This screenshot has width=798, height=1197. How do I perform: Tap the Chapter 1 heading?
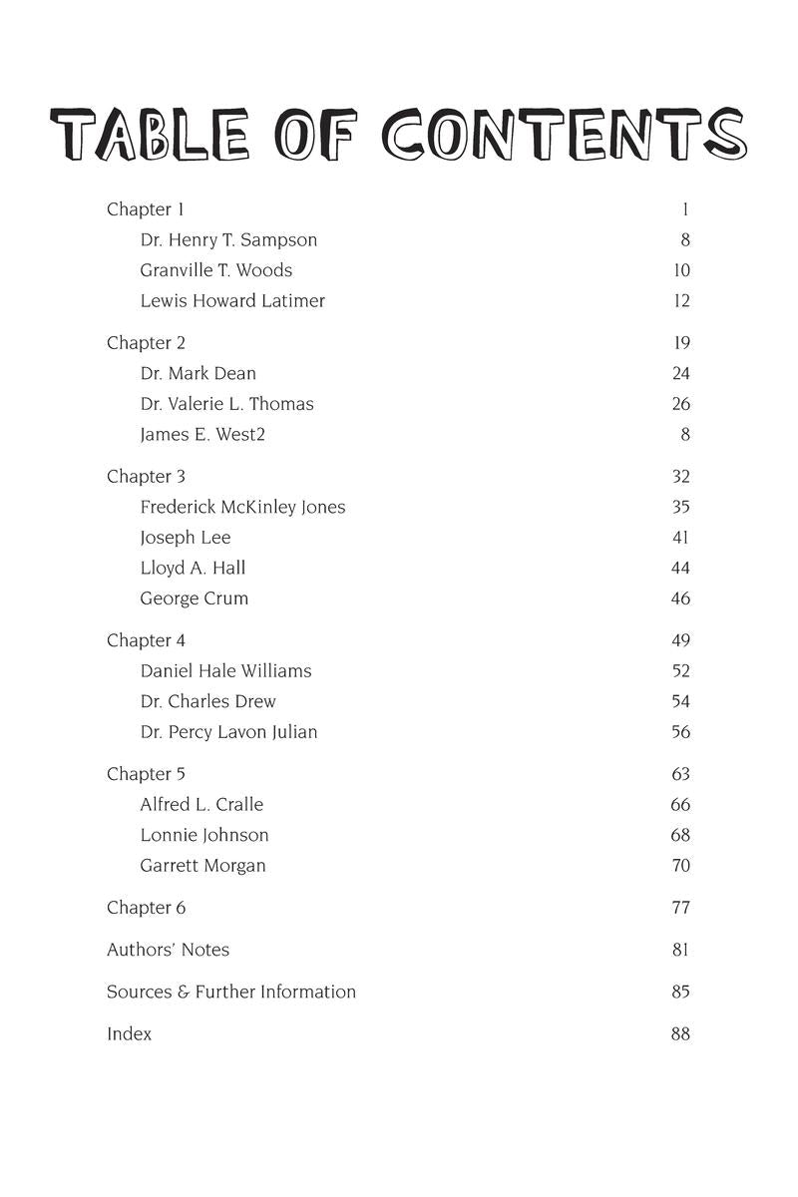[146, 209]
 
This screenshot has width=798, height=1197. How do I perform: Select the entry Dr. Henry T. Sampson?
[228, 240]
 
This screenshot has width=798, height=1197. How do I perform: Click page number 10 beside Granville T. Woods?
[681, 270]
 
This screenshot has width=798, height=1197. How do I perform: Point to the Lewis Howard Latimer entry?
[232, 301]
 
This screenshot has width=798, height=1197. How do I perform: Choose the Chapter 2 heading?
[146, 343]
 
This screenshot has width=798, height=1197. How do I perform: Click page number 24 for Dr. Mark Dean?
[681, 374]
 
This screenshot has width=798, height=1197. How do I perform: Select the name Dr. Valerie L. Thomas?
[226, 404]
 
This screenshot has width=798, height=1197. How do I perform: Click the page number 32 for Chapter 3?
[681, 477]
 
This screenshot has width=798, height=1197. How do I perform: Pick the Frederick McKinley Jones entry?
[242, 507]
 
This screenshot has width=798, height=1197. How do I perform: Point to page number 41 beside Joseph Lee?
[681, 538]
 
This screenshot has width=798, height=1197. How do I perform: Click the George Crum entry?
[194, 598]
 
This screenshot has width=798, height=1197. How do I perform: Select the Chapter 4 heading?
[146, 640]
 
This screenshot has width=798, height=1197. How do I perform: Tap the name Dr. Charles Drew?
[207, 701]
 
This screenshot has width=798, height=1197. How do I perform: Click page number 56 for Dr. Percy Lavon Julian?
[681, 732]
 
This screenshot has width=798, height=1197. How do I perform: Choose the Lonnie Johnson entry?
[204, 835]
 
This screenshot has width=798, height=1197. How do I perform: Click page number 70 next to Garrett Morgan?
[681, 866]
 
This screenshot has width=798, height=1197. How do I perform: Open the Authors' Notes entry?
[168, 950]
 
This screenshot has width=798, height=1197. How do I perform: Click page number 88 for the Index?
[681, 1034]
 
